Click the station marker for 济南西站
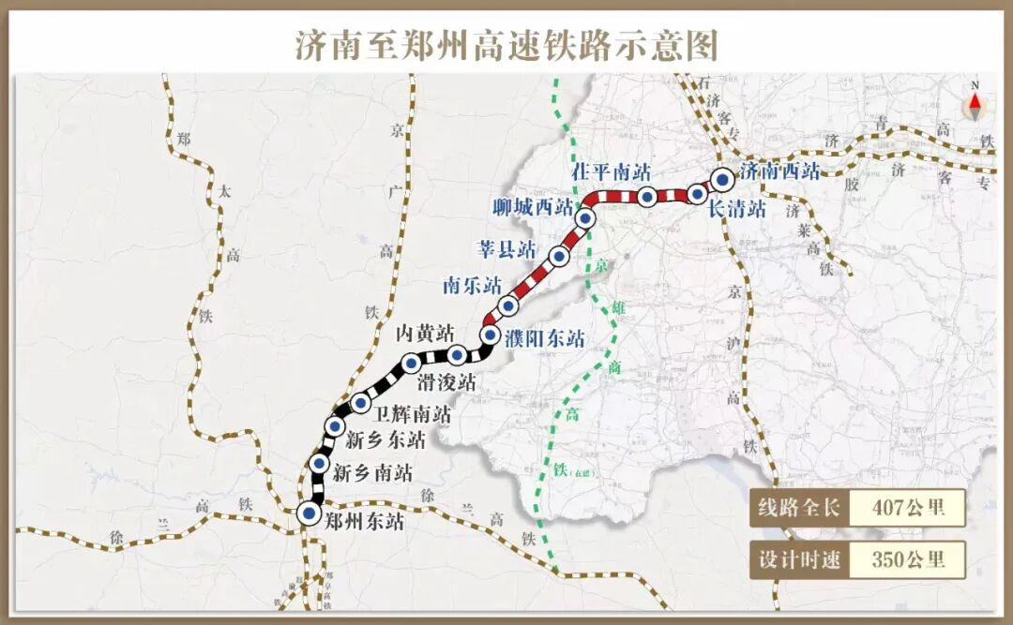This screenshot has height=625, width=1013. click(x=722, y=178)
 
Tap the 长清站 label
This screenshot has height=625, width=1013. click(x=737, y=210)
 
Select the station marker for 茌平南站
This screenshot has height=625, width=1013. click(x=647, y=197)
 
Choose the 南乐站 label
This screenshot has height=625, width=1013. click(x=472, y=286)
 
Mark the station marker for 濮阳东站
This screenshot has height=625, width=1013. click(x=490, y=335)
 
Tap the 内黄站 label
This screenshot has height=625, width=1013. click(x=424, y=333)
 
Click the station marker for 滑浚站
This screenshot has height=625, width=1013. click(x=457, y=354)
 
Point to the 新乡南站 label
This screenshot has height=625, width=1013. click(x=372, y=473)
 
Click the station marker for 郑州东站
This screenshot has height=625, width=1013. click(x=308, y=513)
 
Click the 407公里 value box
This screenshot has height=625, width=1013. click(x=907, y=509)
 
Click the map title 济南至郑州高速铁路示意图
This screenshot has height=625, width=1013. click(x=506, y=44)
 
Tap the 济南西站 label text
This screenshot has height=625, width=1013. click(x=779, y=171)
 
